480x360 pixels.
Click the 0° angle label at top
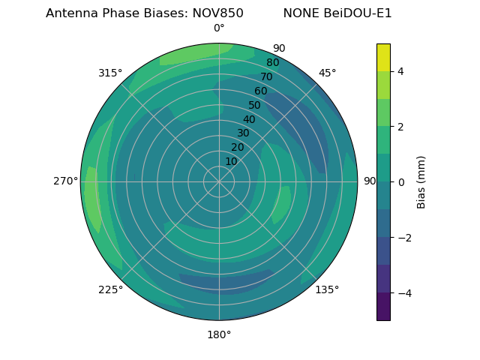pos(219,28)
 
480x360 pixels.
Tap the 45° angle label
pos(327,73)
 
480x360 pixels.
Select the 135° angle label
pos(327,289)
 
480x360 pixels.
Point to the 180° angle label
pos(219,334)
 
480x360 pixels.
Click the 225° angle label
pos(110,290)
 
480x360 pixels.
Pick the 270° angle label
pos(66,181)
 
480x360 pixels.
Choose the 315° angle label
pos(110,73)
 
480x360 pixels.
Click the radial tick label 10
pos(231,161)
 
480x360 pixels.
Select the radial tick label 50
pos(254,105)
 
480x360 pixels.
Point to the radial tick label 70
pos(266,76)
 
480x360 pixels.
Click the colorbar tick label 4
pos(400,71)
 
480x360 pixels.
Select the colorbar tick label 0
pos(400,182)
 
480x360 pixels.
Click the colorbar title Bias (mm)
pos(421,182)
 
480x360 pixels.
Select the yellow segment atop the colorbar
pos(383,57)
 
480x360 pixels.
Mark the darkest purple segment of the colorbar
pos(383,307)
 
